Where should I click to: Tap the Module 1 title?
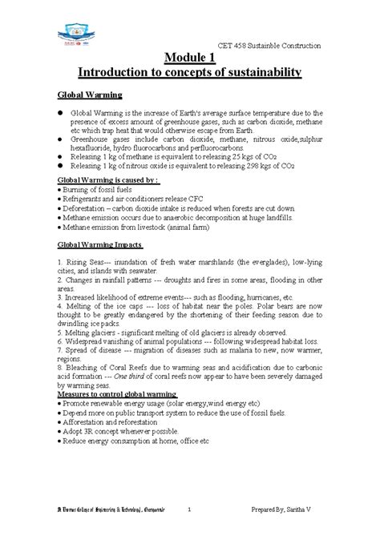click(189, 57)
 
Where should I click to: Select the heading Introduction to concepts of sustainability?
click(189, 73)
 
